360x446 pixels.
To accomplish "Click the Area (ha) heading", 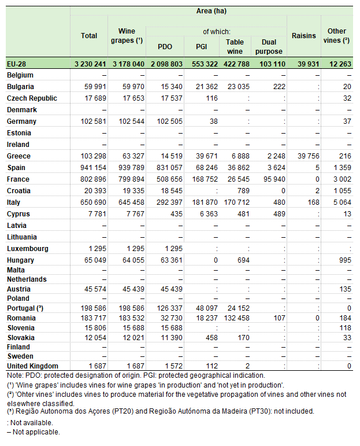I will [x=211, y=12].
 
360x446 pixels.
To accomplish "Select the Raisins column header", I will [x=305, y=36].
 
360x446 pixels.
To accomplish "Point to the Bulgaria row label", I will [x=20, y=87].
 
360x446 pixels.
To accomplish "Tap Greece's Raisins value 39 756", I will [x=307, y=156].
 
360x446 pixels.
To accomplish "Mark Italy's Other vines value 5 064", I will [x=341, y=202].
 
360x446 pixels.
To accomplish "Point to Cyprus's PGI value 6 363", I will [x=201, y=214].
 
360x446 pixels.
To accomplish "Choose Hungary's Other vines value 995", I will [x=344, y=260].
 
